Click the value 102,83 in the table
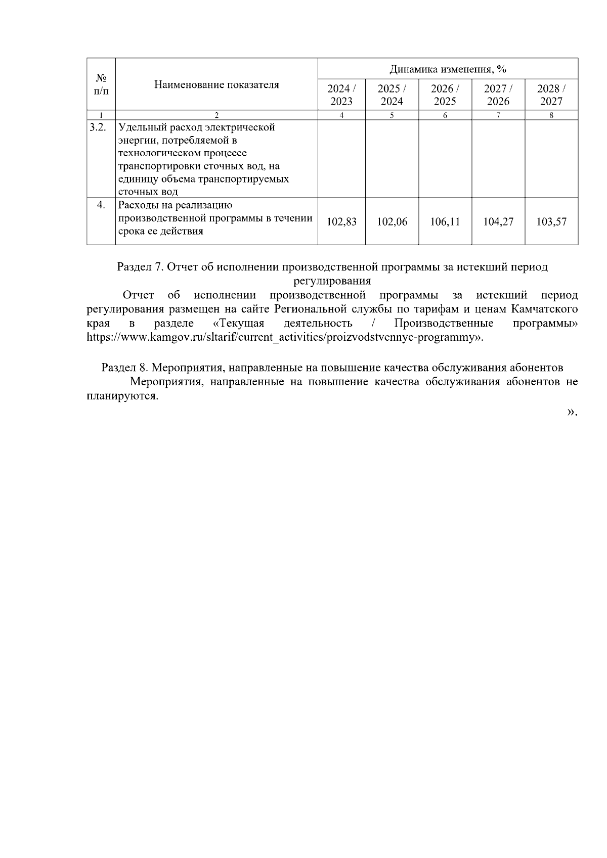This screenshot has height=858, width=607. (341, 221)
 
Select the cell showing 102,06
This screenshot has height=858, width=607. (392, 221)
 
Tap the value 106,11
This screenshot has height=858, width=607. (445, 221)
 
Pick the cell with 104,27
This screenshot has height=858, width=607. (498, 221)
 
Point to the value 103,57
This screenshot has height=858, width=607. (551, 221)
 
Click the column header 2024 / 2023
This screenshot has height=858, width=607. (341, 95)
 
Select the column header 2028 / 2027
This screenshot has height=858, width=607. (551, 95)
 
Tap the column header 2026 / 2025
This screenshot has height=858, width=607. (445, 95)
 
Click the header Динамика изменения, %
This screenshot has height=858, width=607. (448, 69)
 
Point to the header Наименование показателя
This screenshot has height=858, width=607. (216, 84)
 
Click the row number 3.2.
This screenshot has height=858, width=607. (97, 127)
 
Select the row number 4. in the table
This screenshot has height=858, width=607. (101, 205)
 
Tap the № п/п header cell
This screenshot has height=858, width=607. (101, 84)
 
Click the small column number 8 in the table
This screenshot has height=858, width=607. (551, 115)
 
